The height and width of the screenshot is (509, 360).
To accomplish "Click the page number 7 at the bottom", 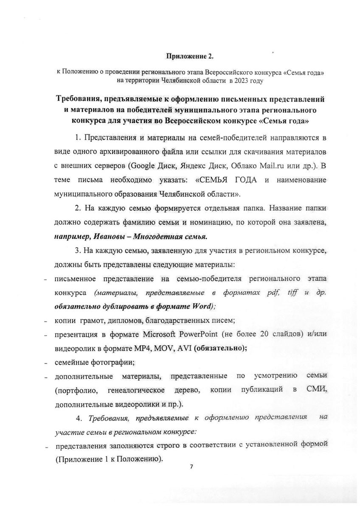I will [191, 467].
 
